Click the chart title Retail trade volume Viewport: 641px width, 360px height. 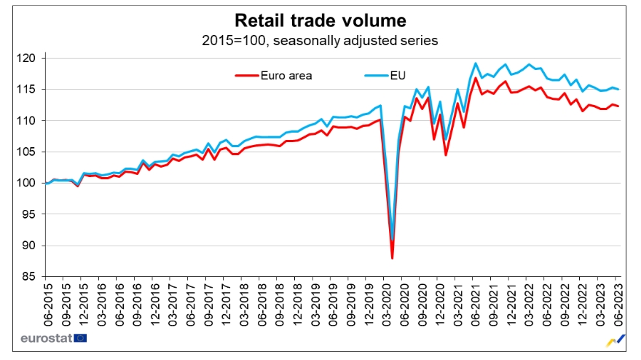coord(320,19)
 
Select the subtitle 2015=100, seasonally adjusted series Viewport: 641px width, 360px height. coord(320,40)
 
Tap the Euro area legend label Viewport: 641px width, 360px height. coord(286,74)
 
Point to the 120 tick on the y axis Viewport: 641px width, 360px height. coord(32,58)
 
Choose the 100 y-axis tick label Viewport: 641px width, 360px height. coord(32,183)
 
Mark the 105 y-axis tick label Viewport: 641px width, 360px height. coord(32,152)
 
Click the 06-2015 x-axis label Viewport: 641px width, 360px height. coord(45,300)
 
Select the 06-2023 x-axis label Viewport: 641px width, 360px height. coord(618,300)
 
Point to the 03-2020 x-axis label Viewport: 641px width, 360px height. coord(385,300)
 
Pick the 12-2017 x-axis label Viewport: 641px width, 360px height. coord(224,300)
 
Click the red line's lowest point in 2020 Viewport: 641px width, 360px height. coord(392,258)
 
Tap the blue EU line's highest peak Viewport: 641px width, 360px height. coord(476,63)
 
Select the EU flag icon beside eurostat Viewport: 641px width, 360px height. coord(80,338)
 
